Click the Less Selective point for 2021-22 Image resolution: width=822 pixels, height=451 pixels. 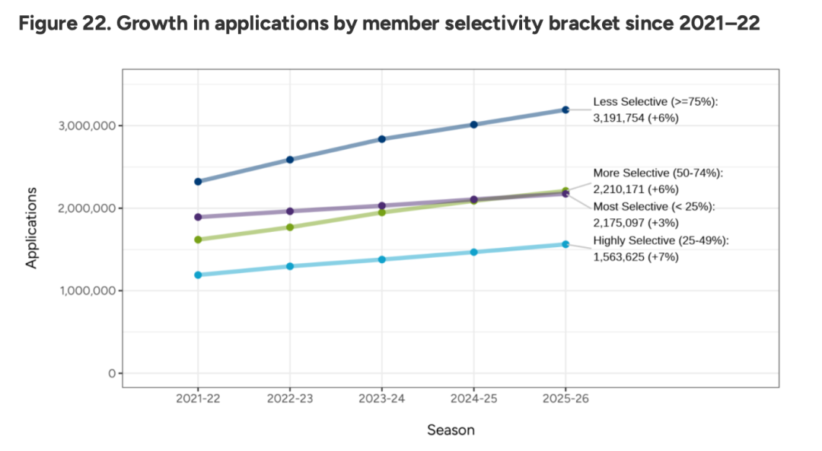pyautogui.click(x=198, y=182)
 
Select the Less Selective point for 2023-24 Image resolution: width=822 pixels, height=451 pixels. pyautogui.click(x=382, y=139)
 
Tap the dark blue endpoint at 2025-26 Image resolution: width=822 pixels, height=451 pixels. pyautogui.click(x=566, y=110)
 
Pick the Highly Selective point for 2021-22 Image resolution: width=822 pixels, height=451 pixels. pyautogui.click(x=198, y=275)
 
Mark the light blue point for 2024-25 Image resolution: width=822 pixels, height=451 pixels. pyautogui.click(x=473, y=252)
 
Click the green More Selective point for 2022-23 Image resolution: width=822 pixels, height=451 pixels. pyautogui.click(x=290, y=227)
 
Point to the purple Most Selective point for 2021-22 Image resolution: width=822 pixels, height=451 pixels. pyautogui.click(x=198, y=217)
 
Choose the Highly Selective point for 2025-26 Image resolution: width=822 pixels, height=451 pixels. pyautogui.click(x=566, y=244)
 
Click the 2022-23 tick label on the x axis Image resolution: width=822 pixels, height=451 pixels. pyautogui.click(x=290, y=399)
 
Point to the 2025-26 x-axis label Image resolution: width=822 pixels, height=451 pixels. pyautogui.click(x=566, y=399)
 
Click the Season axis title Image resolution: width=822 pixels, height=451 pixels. pyautogui.click(x=451, y=430)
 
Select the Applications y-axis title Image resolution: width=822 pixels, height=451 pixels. pyautogui.click(x=32, y=228)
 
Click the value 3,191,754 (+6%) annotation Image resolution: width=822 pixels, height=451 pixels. pyautogui.click(x=636, y=118)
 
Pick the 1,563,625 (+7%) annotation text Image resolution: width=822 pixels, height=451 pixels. pyautogui.click(x=636, y=257)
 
